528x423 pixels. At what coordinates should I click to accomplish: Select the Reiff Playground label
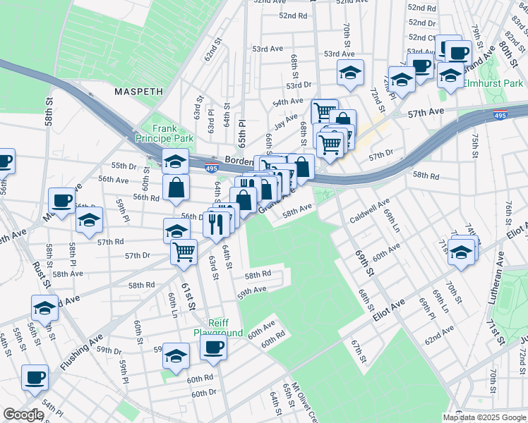(219, 327)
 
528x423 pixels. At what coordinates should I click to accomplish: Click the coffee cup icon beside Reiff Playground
(214, 346)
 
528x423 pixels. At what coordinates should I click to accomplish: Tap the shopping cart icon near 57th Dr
(184, 250)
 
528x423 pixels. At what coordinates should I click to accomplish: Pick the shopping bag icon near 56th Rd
(176, 188)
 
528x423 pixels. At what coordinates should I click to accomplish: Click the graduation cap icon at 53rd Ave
(349, 72)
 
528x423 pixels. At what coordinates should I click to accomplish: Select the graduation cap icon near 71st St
(462, 252)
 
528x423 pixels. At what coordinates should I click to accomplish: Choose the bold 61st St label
(186, 288)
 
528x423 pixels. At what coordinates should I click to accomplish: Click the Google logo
(23, 415)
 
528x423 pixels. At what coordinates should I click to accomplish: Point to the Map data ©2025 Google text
(485, 417)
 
